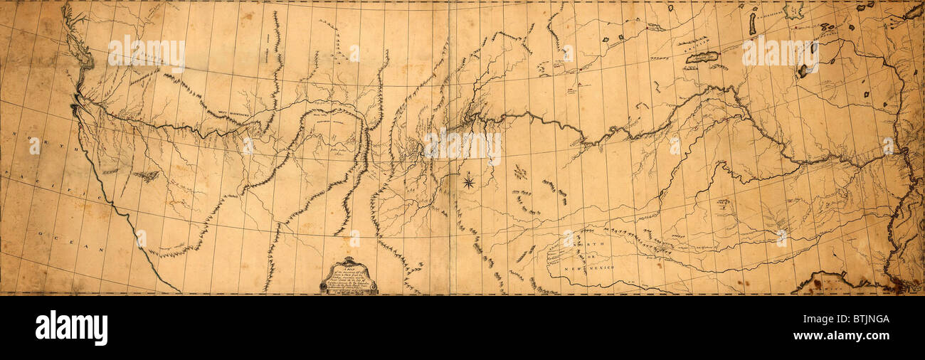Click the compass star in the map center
(x=468, y=181)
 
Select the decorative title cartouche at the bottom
(x=349, y=277)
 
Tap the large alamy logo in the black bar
(x=71, y=328)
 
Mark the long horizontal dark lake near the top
(x=702, y=57)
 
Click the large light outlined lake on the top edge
(x=793, y=10)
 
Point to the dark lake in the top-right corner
(x=912, y=11)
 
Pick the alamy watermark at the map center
(x=462, y=146)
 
